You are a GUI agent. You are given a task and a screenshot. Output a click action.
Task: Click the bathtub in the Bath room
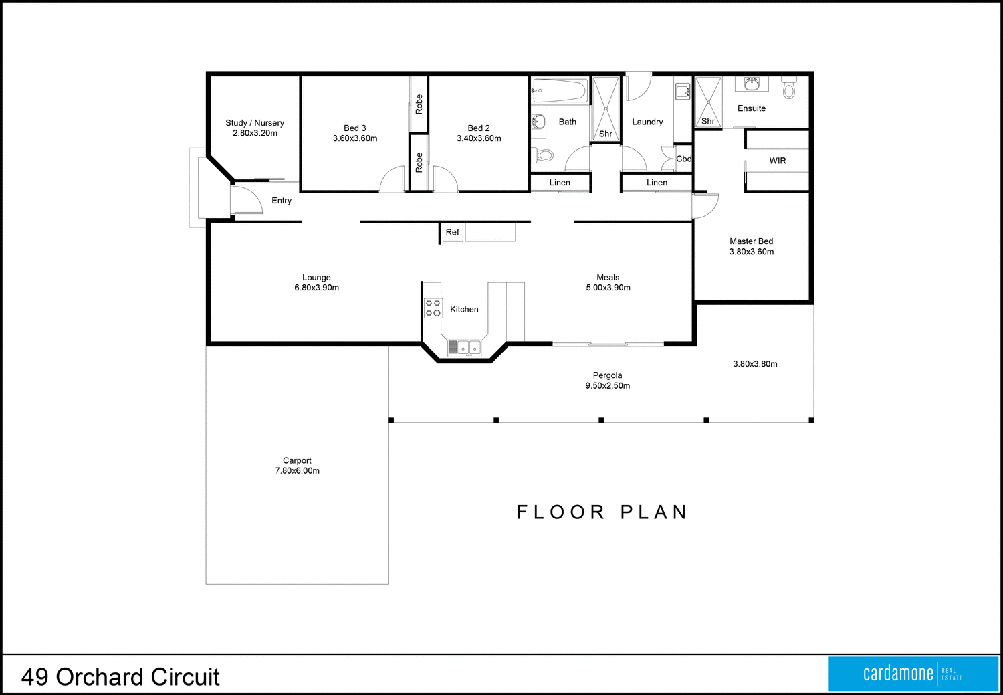[x=560, y=90]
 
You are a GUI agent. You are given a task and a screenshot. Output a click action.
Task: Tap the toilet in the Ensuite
[x=789, y=88]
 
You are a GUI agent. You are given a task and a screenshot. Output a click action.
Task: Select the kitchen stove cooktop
[x=433, y=308]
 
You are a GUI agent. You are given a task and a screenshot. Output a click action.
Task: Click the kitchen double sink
[x=464, y=347]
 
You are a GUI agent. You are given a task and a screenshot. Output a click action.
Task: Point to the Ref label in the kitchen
[x=453, y=232]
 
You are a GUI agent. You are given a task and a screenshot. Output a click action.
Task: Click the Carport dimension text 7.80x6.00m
[x=298, y=471]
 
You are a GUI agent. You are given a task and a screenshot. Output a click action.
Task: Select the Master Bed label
[x=751, y=241]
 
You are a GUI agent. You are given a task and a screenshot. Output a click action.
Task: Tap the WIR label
[x=778, y=161]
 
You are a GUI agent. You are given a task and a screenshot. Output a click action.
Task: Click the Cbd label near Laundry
[x=683, y=159]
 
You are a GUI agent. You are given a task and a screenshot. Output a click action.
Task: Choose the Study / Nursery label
[x=255, y=123]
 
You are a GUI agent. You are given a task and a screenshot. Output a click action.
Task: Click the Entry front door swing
[x=245, y=200]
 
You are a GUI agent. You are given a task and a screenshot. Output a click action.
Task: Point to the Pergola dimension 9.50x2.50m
[x=607, y=386]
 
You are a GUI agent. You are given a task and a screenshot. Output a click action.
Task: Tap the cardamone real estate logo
[x=913, y=674]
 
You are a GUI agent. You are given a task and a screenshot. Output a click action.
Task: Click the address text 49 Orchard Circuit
[x=120, y=677]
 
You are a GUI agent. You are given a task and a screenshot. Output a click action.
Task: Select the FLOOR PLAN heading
[x=602, y=512]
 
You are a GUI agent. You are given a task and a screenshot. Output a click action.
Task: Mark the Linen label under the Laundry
[x=657, y=183]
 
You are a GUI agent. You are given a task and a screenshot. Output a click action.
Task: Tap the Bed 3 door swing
[x=392, y=180]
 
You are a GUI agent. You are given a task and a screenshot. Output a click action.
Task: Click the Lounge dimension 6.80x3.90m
[x=317, y=288]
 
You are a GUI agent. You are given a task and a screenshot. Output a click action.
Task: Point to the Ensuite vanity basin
[x=752, y=84]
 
